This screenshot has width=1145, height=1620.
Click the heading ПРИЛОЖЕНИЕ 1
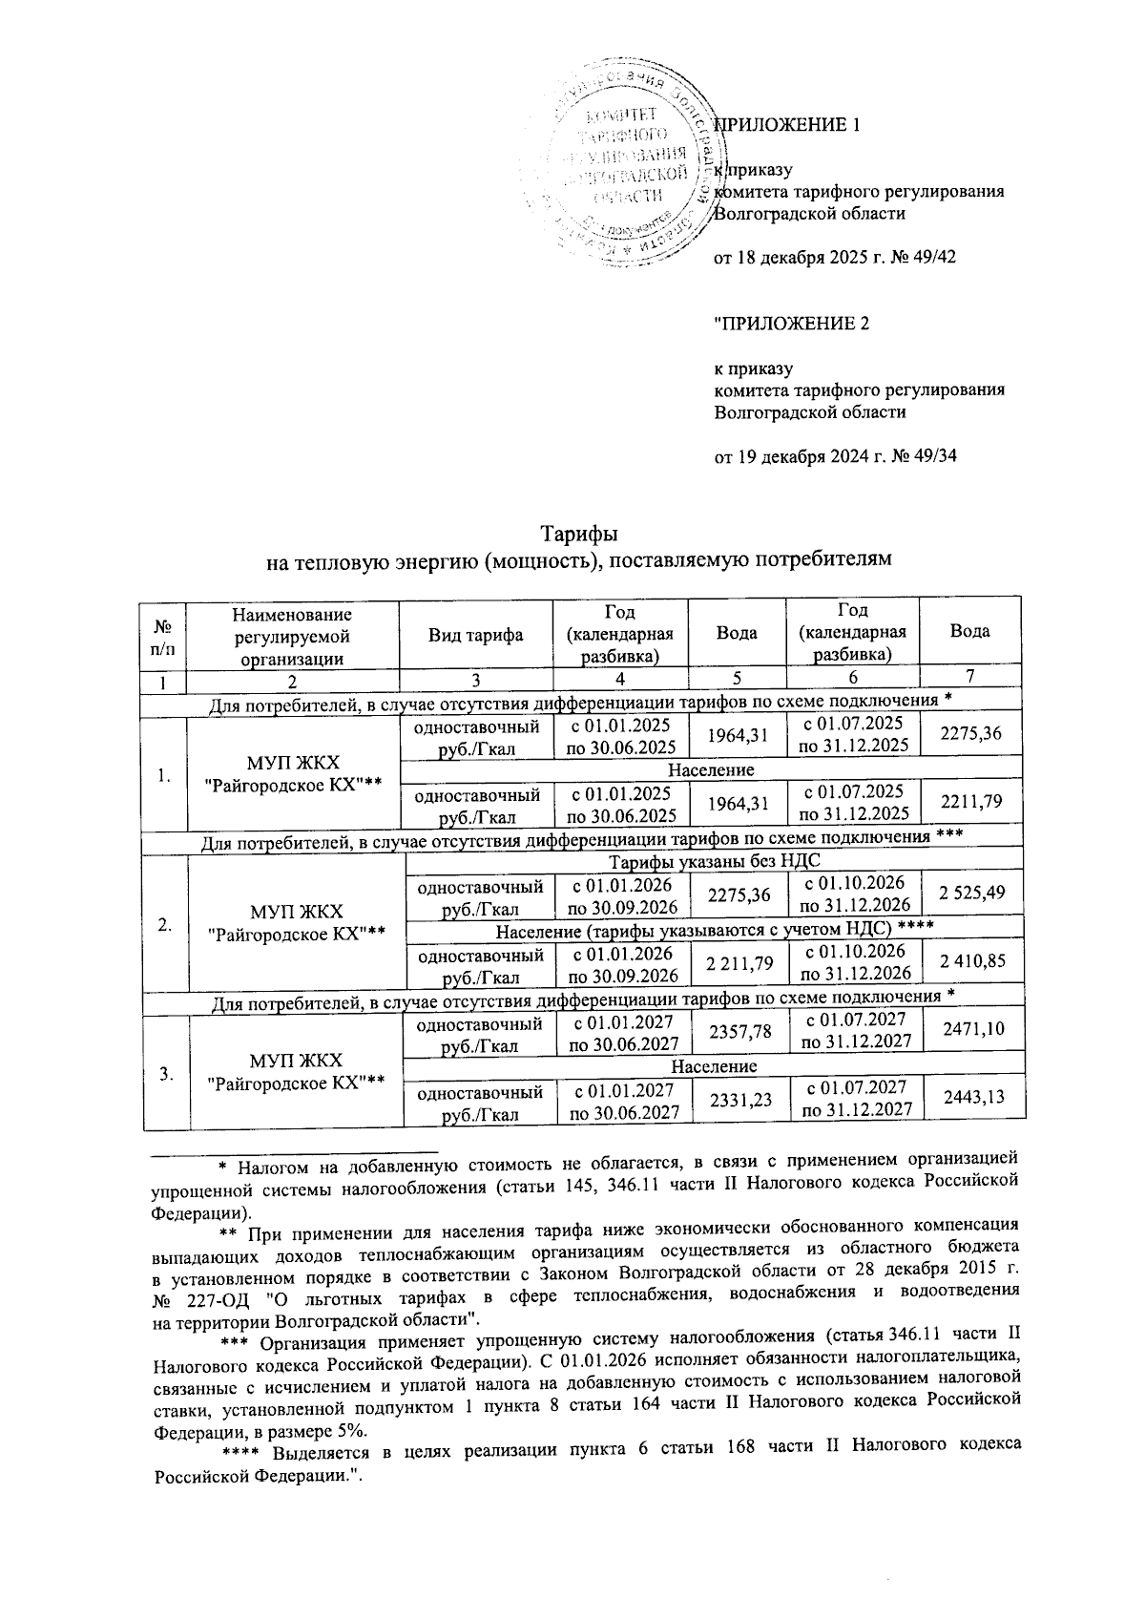click(787, 125)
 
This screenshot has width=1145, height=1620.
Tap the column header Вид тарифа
click(475, 633)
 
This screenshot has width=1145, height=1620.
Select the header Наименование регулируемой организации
click(292, 632)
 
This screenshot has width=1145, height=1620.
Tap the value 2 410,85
click(971, 961)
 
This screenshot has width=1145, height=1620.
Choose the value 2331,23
click(734, 1100)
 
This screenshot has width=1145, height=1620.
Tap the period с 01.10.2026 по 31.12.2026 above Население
click(853, 893)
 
